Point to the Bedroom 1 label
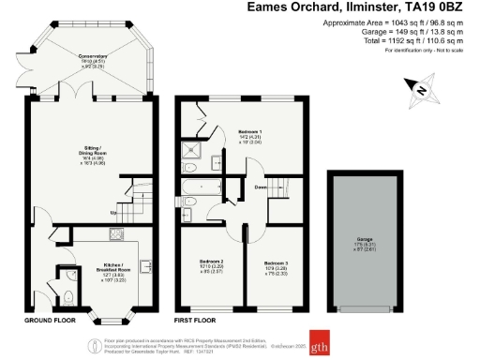coord(248,132)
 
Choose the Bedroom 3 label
coord(276,262)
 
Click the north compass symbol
coord(422,91)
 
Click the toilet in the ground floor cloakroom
coord(72,297)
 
